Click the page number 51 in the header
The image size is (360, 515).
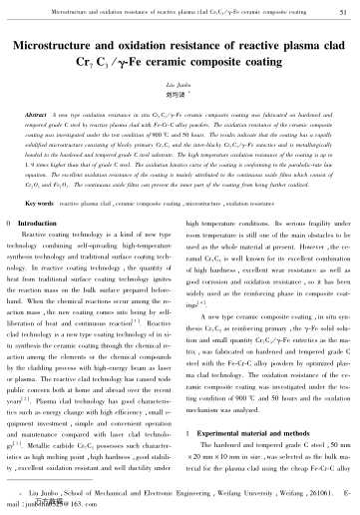pos(342,12)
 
